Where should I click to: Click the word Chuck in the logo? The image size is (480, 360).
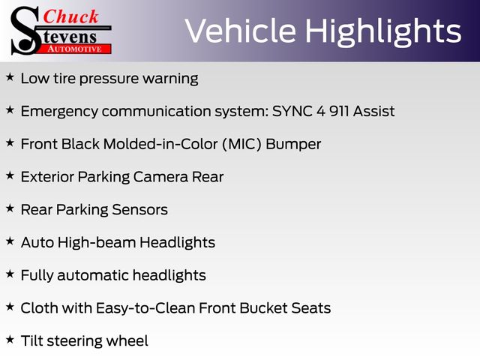pyautogui.click(x=70, y=16)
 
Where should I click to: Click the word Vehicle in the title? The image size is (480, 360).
pyautogui.click(x=240, y=31)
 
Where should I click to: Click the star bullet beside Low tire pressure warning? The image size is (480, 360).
pyautogui.click(x=10, y=76)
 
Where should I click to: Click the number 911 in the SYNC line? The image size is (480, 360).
pyautogui.click(x=339, y=111)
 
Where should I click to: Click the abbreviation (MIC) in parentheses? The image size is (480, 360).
pyautogui.click(x=241, y=144)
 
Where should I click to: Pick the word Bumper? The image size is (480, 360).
pyautogui.click(x=293, y=145)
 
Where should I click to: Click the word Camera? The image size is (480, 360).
pyautogui.click(x=160, y=177)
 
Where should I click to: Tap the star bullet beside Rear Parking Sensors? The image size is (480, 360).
pyautogui.click(x=10, y=208)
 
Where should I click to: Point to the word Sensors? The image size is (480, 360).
pyautogui.click(x=140, y=210)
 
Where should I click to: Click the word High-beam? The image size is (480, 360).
pyautogui.click(x=97, y=242)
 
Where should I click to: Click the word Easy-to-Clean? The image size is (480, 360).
pyautogui.click(x=145, y=308)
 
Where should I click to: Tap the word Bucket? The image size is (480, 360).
pyautogui.click(x=263, y=308)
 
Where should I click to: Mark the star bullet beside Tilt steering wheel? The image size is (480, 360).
pyautogui.click(x=10, y=340)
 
